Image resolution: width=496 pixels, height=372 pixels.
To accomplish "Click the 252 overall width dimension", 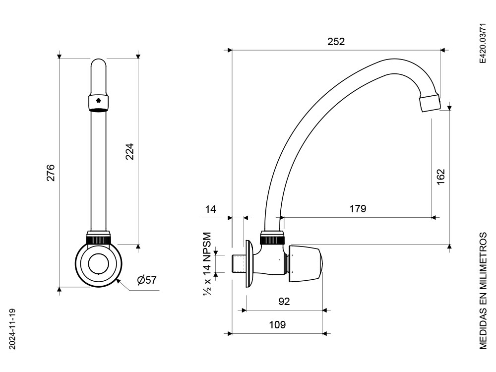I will [x=336, y=42].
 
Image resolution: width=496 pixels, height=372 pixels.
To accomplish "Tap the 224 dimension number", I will [x=129, y=151].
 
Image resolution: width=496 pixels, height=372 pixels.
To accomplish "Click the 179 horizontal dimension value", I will [x=357, y=209].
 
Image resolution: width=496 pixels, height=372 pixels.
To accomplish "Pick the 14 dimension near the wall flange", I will [x=211, y=209].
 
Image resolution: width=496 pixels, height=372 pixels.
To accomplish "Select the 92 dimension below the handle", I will [x=284, y=302].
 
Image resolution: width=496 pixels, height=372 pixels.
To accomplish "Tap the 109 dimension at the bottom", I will [x=277, y=325].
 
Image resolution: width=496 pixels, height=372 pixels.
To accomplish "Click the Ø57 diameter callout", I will [x=147, y=280].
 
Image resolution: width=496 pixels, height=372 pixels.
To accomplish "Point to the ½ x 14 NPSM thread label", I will [x=207, y=264].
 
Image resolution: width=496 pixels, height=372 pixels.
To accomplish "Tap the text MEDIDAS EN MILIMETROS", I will [x=484, y=290].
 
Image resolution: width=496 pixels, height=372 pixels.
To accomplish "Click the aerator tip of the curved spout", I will [x=429, y=102].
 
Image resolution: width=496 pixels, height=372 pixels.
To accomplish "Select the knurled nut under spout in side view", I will [x=273, y=239].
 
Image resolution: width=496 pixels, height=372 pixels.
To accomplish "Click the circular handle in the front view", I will [x=98, y=264].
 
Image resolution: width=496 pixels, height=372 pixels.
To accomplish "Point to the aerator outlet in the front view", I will [x=98, y=101].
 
